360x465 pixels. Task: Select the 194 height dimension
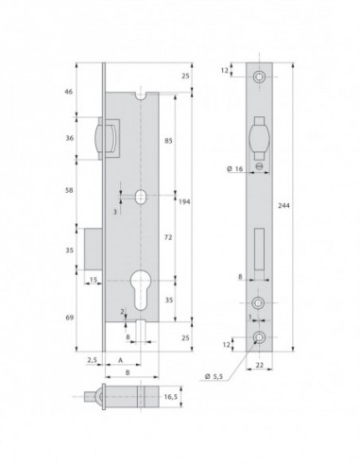tap(186, 199)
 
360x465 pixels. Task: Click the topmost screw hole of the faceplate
tap(258, 75)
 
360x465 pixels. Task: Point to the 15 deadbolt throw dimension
tap(94, 279)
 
